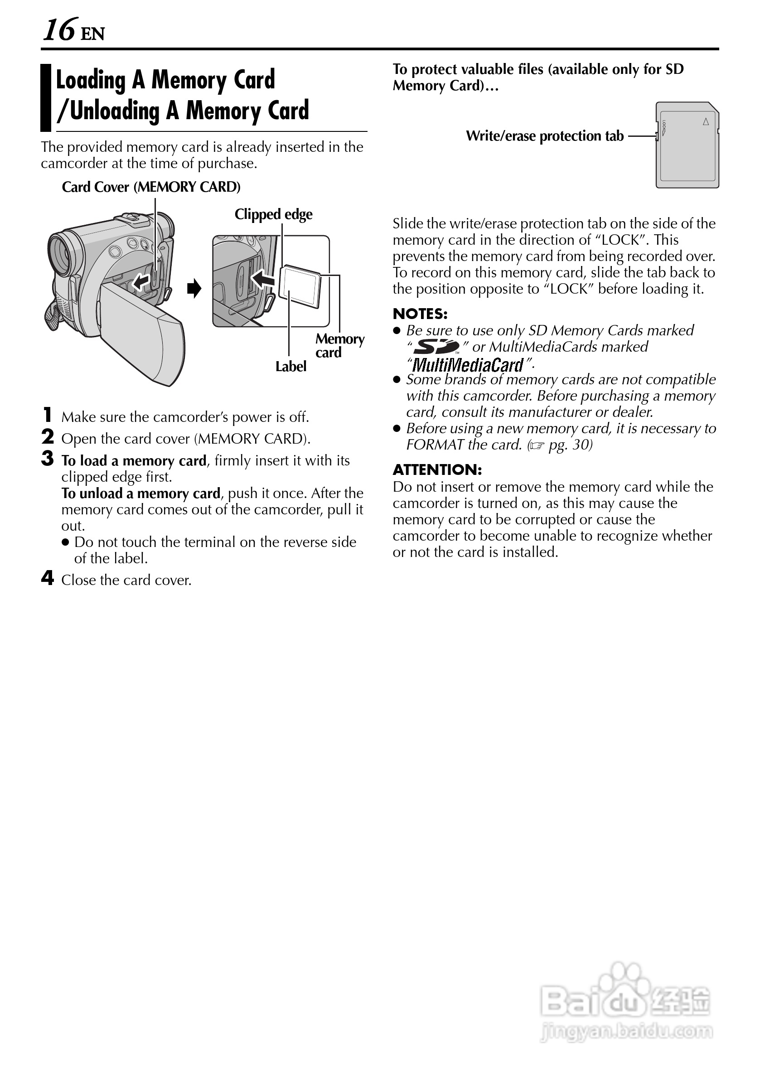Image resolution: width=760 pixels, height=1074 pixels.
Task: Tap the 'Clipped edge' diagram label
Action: (x=273, y=214)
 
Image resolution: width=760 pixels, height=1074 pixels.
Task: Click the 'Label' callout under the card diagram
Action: (x=290, y=367)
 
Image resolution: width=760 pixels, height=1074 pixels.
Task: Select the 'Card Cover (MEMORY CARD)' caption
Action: (x=151, y=187)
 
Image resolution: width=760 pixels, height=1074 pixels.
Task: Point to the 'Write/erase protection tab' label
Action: (x=545, y=136)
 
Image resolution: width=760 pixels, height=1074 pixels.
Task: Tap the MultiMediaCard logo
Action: (x=468, y=364)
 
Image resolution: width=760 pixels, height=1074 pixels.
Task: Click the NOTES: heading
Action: (x=420, y=314)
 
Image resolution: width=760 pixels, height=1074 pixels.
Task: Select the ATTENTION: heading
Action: (x=437, y=470)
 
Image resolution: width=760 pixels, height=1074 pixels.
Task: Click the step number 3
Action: (x=48, y=459)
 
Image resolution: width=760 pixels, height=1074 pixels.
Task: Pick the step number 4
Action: (x=48, y=578)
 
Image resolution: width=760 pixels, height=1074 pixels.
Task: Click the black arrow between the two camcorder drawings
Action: (x=194, y=289)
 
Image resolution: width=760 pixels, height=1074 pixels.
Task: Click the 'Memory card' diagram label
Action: (x=339, y=345)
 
